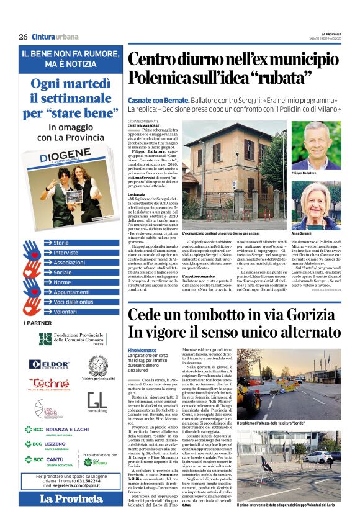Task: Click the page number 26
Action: [23, 37]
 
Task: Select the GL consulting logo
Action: [97, 402]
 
